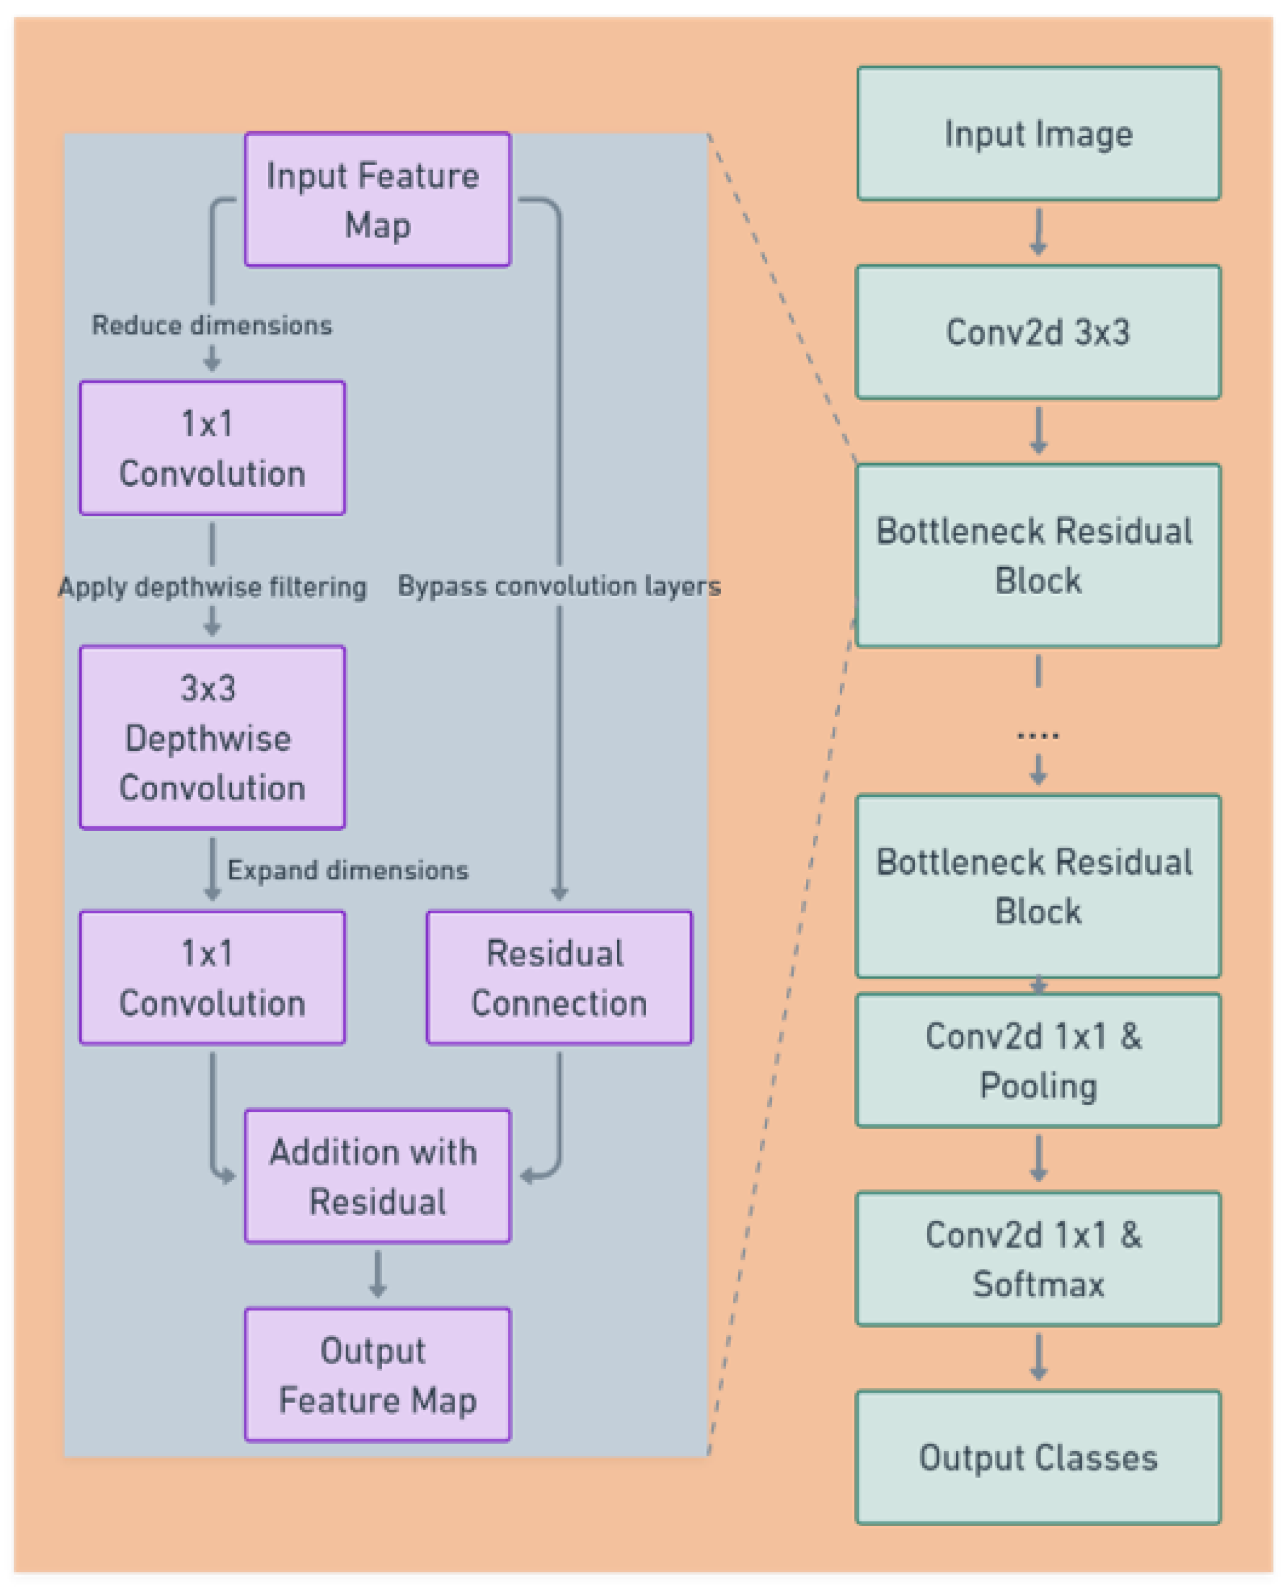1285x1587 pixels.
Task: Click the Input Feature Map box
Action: (x=377, y=199)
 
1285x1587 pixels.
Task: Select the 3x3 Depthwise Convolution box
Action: (x=212, y=737)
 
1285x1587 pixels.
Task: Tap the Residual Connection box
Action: (x=559, y=977)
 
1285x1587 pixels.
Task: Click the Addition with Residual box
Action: (x=377, y=1176)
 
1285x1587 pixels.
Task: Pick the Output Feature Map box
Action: (x=377, y=1375)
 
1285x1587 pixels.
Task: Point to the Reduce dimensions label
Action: (x=212, y=325)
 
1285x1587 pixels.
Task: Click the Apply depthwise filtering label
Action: (x=212, y=587)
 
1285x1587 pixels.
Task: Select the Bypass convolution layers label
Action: (x=559, y=585)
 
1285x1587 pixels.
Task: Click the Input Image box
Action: (x=1038, y=134)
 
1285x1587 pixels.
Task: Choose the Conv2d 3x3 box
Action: (x=1038, y=332)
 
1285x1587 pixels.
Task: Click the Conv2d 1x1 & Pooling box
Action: (x=1038, y=1060)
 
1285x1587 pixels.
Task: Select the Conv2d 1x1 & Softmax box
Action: (x=1038, y=1259)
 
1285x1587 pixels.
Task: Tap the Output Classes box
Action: (x=1038, y=1458)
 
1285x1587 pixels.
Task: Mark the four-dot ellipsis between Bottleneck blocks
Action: (x=1038, y=735)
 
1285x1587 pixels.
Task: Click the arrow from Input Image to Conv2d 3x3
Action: (x=1038, y=233)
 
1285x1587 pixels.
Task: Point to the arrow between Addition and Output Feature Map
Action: (x=377, y=1275)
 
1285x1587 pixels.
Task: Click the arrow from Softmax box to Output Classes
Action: (x=1038, y=1357)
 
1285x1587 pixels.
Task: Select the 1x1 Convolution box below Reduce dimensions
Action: (x=212, y=448)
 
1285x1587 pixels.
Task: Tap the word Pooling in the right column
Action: (x=1038, y=1086)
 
